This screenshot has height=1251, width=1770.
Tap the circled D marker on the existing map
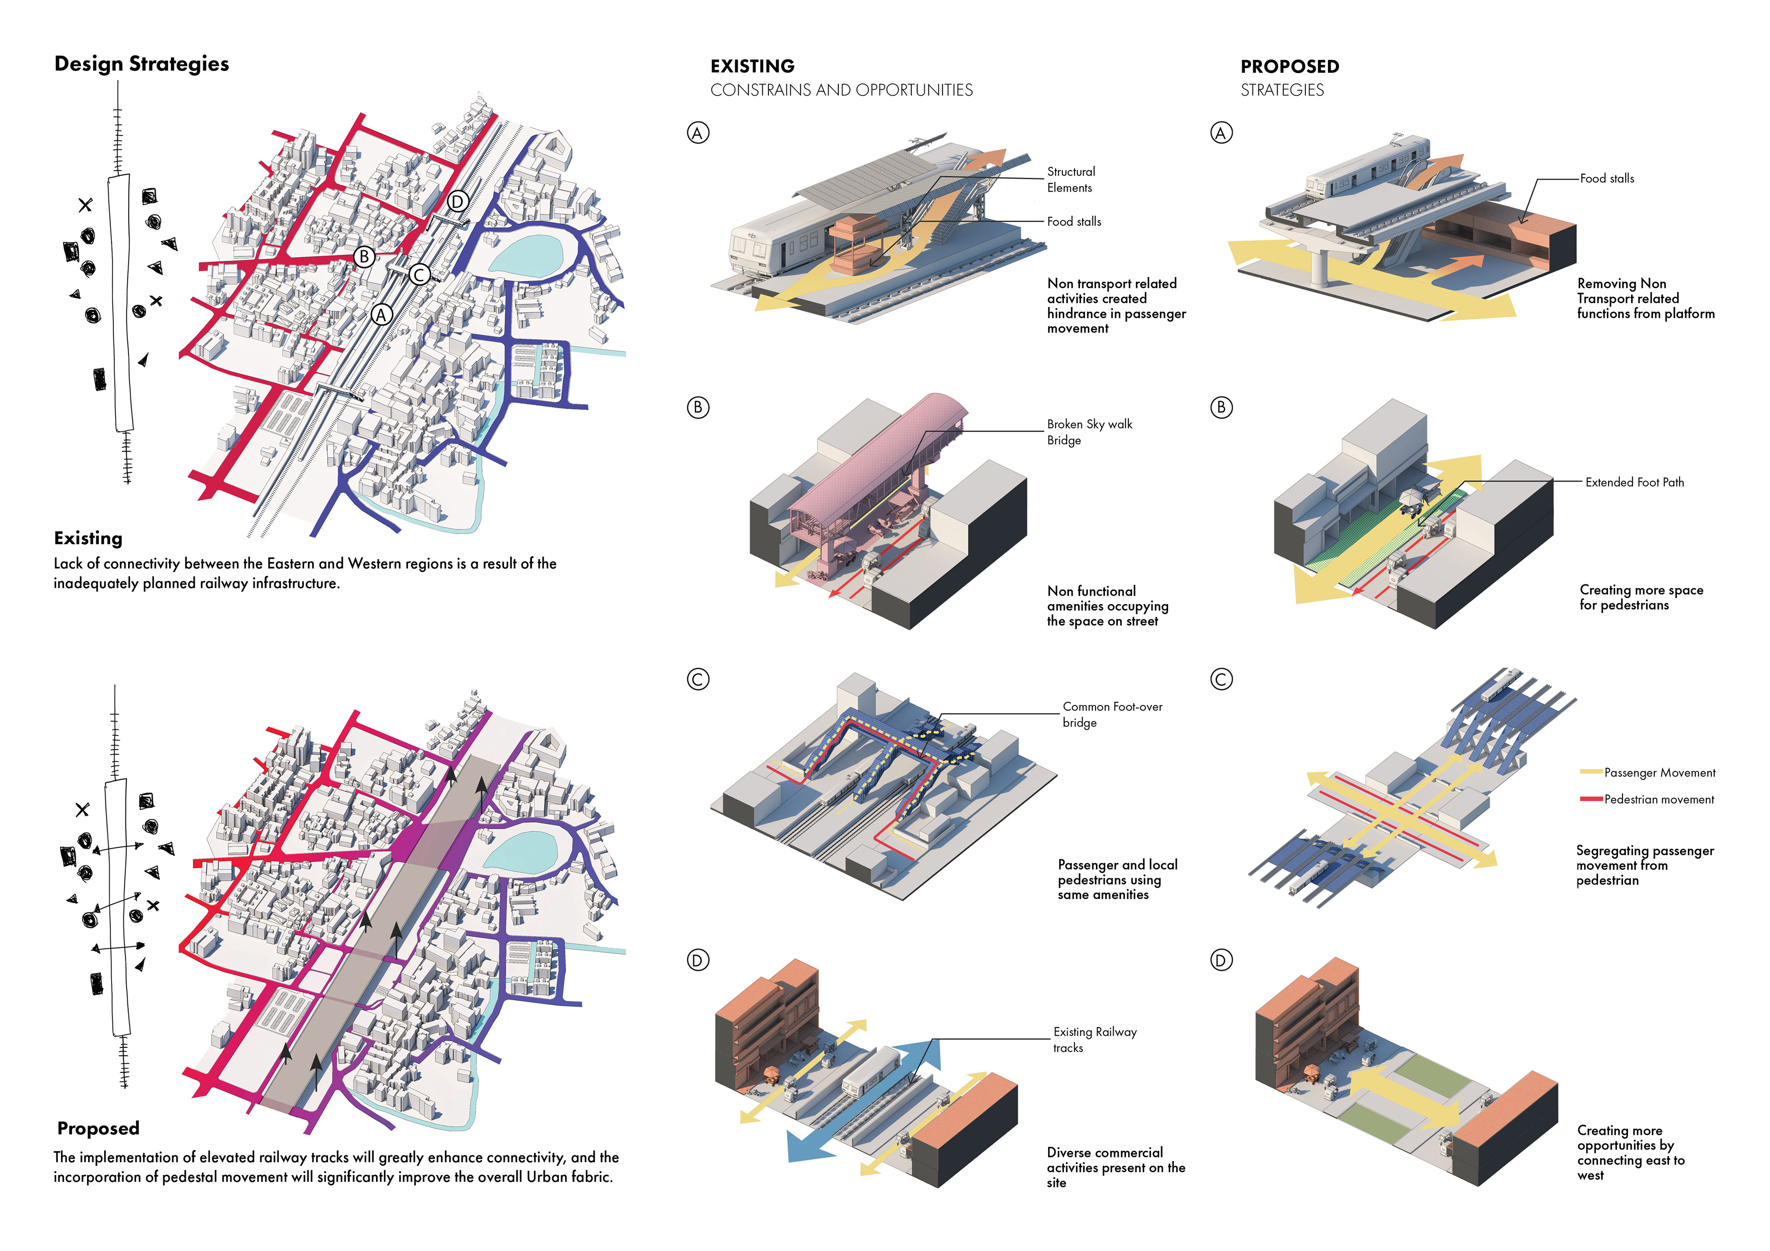point(457,202)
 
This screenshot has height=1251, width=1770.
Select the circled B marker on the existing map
point(364,257)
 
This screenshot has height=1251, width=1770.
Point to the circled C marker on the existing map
point(419,275)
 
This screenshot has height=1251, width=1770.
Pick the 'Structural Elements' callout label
point(1071,180)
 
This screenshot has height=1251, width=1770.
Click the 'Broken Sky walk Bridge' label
point(1089,432)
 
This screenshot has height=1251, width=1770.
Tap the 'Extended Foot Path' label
point(1634,482)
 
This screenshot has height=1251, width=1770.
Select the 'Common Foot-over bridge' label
point(1112,715)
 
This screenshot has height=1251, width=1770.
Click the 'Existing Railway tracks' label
point(1095,1040)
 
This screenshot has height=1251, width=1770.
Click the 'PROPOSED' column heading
point(1290,66)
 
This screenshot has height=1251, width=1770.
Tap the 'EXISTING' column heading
point(752,66)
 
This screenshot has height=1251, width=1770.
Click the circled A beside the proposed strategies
point(1221,133)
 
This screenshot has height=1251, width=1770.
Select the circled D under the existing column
point(698,960)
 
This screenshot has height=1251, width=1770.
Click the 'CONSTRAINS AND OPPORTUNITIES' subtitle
point(841,90)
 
